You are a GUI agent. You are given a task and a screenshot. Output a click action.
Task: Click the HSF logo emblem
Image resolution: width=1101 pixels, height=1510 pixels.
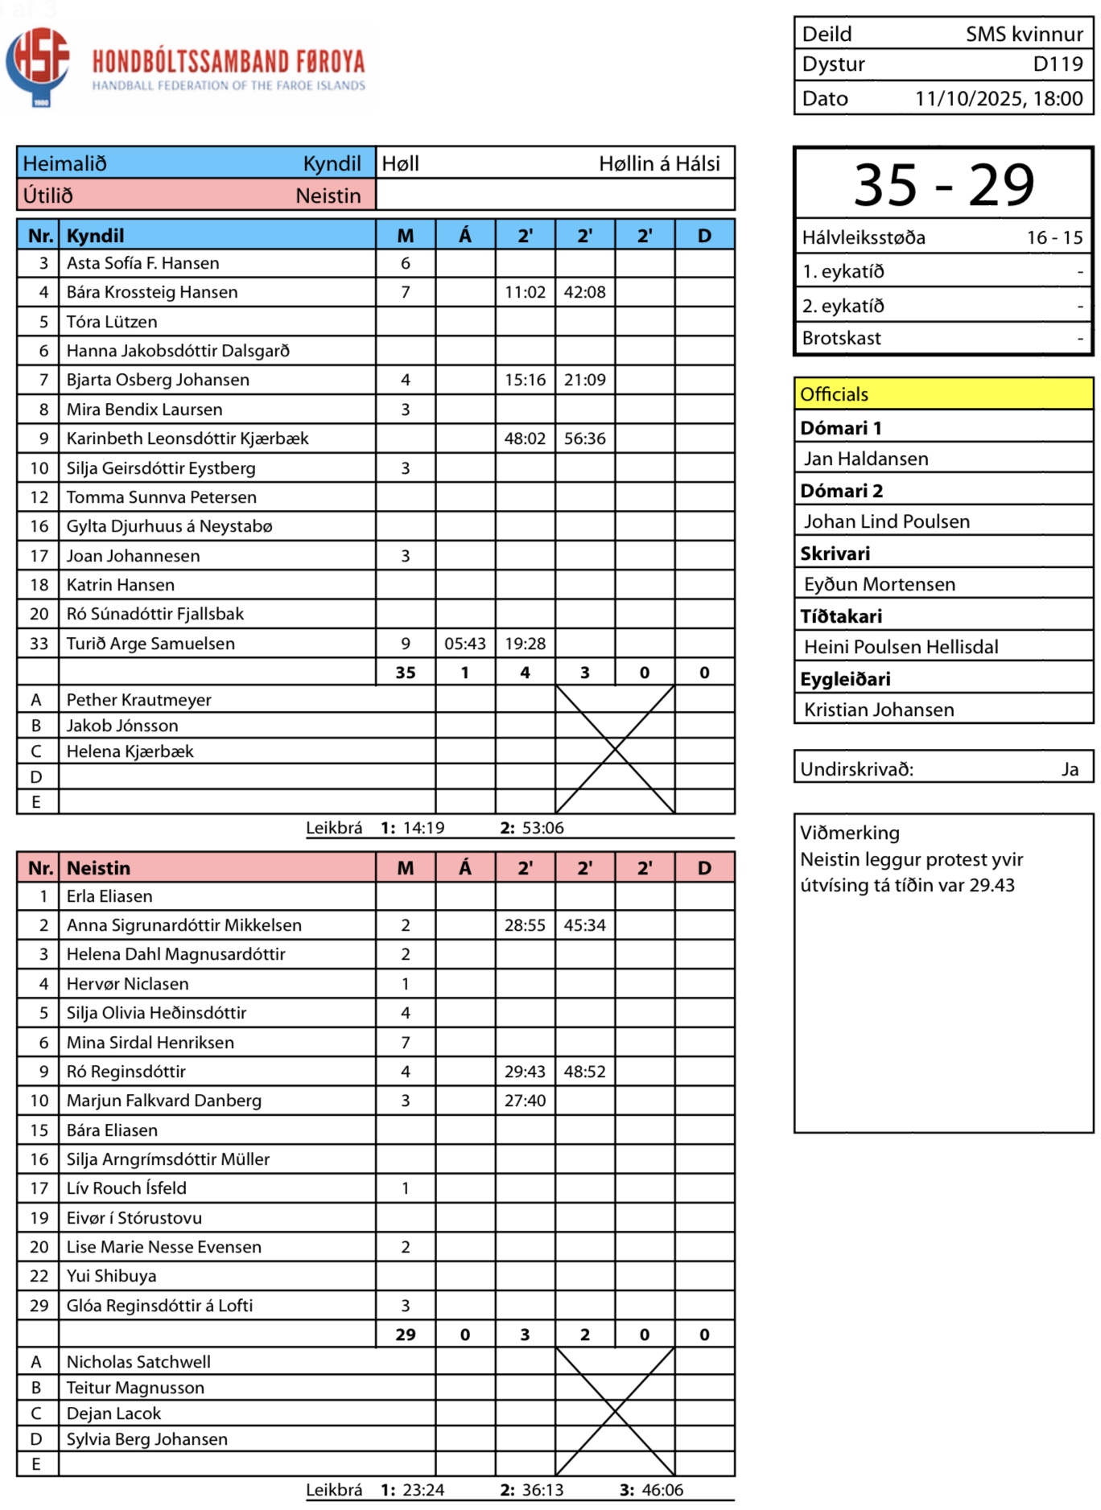tap(38, 64)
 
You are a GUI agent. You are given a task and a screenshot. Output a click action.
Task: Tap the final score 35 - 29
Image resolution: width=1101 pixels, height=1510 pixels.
tap(943, 184)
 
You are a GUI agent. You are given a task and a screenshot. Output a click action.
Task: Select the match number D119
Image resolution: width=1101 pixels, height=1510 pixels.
tap(1058, 64)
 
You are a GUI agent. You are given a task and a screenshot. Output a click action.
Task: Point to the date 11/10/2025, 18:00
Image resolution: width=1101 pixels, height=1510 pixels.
tap(998, 99)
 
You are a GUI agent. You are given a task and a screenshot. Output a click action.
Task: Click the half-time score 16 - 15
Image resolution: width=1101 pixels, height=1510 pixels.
tap(1054, 238)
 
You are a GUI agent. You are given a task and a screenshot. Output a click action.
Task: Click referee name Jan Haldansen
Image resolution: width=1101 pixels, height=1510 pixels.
tap(866, 459)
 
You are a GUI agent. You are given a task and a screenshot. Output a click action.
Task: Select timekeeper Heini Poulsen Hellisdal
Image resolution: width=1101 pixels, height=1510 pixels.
tap(901, 647)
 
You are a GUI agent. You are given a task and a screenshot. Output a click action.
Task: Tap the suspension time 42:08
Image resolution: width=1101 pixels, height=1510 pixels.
tap(584, 292)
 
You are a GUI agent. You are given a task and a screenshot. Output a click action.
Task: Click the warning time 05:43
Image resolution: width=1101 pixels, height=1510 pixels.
tap(465, 644)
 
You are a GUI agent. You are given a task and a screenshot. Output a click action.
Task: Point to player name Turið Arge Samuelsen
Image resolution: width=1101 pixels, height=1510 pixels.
tap(151, 644)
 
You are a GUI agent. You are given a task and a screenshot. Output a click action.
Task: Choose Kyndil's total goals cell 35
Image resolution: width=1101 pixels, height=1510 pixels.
tap(406, 673)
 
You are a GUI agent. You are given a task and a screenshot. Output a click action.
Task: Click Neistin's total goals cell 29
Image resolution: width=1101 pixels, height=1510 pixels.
tap(406, 1335)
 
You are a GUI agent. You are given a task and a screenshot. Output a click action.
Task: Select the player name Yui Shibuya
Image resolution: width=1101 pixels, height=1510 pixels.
tap(111, 1276)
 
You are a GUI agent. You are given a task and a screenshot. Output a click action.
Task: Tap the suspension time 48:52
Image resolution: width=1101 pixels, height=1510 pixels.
tap(584, 1072)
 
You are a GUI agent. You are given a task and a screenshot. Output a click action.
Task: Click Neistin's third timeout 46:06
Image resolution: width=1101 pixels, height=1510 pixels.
tap(662, 1490)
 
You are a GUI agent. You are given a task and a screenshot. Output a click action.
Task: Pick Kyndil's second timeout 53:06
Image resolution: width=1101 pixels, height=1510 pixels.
tap(542, 828)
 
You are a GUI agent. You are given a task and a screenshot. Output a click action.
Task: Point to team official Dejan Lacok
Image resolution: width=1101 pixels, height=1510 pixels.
tap(113, 1413)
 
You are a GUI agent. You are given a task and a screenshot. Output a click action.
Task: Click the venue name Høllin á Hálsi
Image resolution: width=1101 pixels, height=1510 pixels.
tap(659, 164)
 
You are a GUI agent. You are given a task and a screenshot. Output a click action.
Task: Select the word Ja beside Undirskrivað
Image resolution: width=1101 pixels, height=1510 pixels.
tap(1070, 769)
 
